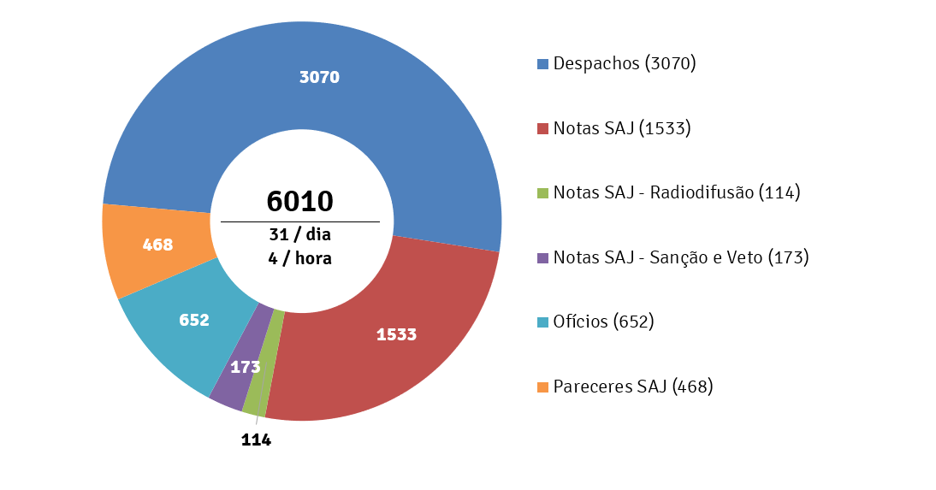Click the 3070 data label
point(319,77)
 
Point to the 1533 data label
point(396,334)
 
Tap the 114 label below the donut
point(255,440)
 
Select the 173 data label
point(245,367)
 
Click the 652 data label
point(194,320)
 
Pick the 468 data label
point(157,245)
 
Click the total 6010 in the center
point(299,201)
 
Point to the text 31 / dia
point(299,234)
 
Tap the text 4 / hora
point(299,257)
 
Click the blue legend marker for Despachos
point(542,64)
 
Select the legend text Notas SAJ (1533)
point(621,128)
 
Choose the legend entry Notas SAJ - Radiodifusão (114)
point(676,192)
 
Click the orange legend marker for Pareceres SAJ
point(542,387)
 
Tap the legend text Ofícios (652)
point(603,322)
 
